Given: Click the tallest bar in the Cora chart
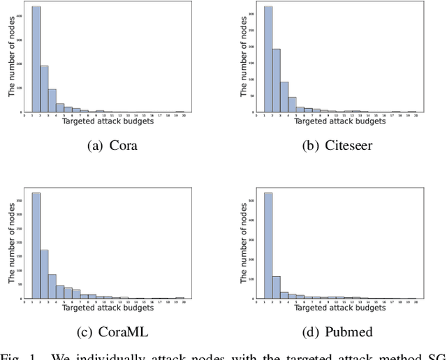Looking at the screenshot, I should (x=36, y=59).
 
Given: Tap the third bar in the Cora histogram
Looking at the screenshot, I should (x=52, y=100).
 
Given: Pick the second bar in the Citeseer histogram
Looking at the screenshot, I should (x=276, y=81).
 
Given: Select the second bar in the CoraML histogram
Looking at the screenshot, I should (x=44, y=274).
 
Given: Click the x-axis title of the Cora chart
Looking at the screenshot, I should (x=108, y=121).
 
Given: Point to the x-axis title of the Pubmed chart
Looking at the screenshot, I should (x=339, y=307).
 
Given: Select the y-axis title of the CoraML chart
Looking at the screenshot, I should (x=10, y=244).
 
